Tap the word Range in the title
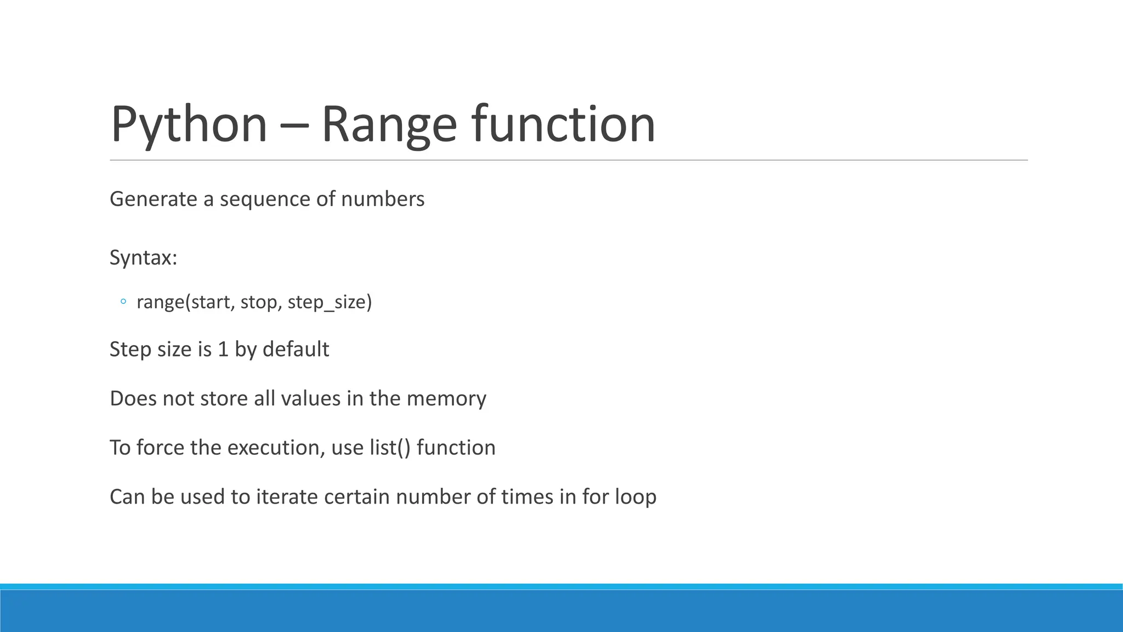pos(389,125)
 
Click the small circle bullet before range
pos(123,302)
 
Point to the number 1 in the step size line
pos(223,349)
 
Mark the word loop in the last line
pos(636,497)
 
